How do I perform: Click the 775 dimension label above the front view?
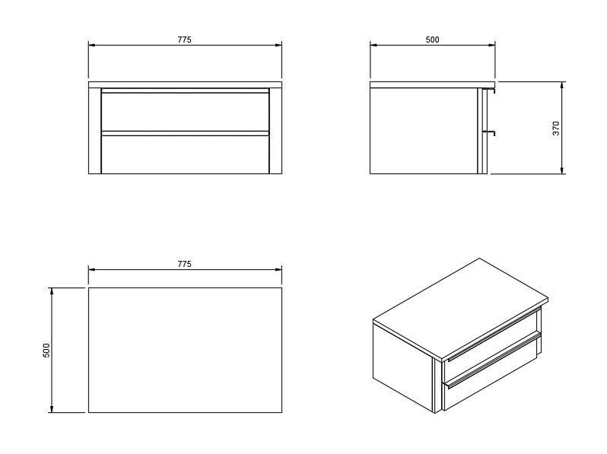(185, 40)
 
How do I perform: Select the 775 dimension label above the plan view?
(185, 264)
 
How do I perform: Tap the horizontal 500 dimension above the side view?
(432, 40)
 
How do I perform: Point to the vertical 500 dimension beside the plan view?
(46, 350)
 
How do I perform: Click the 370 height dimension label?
(556, 128)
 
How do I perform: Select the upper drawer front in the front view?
(185, 112)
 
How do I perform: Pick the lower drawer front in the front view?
(185, 154)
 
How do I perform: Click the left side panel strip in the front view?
(94, 131)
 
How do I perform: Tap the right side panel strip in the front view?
(275, 131)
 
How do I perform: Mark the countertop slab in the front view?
(185, 84)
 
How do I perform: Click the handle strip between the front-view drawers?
(185, 133)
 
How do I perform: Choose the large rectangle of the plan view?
(185, 350)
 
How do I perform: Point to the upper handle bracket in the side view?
(491, 90)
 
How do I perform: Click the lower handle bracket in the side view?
(491, 133)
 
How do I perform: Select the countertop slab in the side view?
(432, 84)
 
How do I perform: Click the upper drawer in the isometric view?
(493, 335)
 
